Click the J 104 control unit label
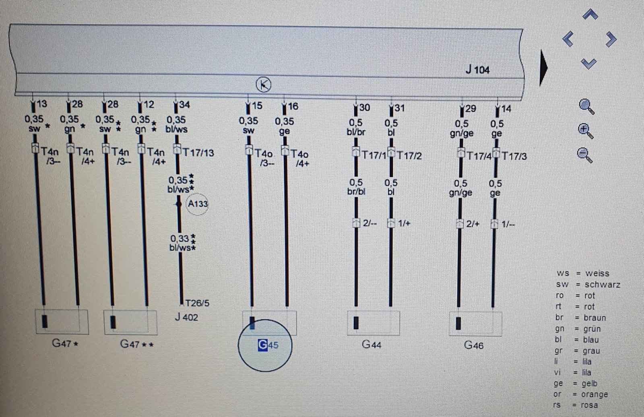click(x=477, y=70)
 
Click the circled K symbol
click(x=264, y=85)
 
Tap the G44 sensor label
click(x=372, y=344)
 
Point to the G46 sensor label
click(x=474, y=345)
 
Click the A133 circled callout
click(x=197, y=204)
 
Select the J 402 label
click(x=186, y=317)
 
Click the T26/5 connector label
click(x=197, y=303)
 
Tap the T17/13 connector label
click(x=198, y=153)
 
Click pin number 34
click(x=184, y=104)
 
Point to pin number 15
click(x=257, y=105)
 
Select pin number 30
click(x=365, y=107)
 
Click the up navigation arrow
click(x=590, y=14)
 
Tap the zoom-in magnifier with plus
click(x=585, y=132)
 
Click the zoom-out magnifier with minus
click(x=584, y=156)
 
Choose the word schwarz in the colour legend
click(x=602, y=285)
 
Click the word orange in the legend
click(x=594, y=394)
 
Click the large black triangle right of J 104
click(x=544, y=68)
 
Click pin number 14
click(x=506, y=109)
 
